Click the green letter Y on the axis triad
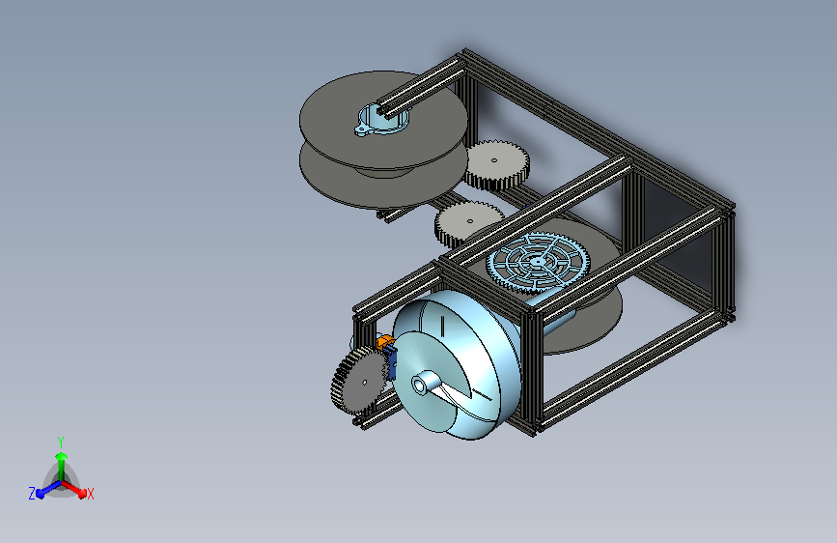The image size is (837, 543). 61,443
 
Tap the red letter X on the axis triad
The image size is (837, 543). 90,494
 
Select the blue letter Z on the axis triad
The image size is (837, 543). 32,494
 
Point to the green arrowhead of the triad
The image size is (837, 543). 62,457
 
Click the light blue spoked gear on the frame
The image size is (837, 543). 538,263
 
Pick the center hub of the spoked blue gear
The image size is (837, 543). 537,262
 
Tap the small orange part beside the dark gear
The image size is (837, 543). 384,343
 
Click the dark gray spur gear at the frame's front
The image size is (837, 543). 359,381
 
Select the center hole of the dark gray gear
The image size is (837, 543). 365,383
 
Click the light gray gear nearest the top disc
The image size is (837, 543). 497,164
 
